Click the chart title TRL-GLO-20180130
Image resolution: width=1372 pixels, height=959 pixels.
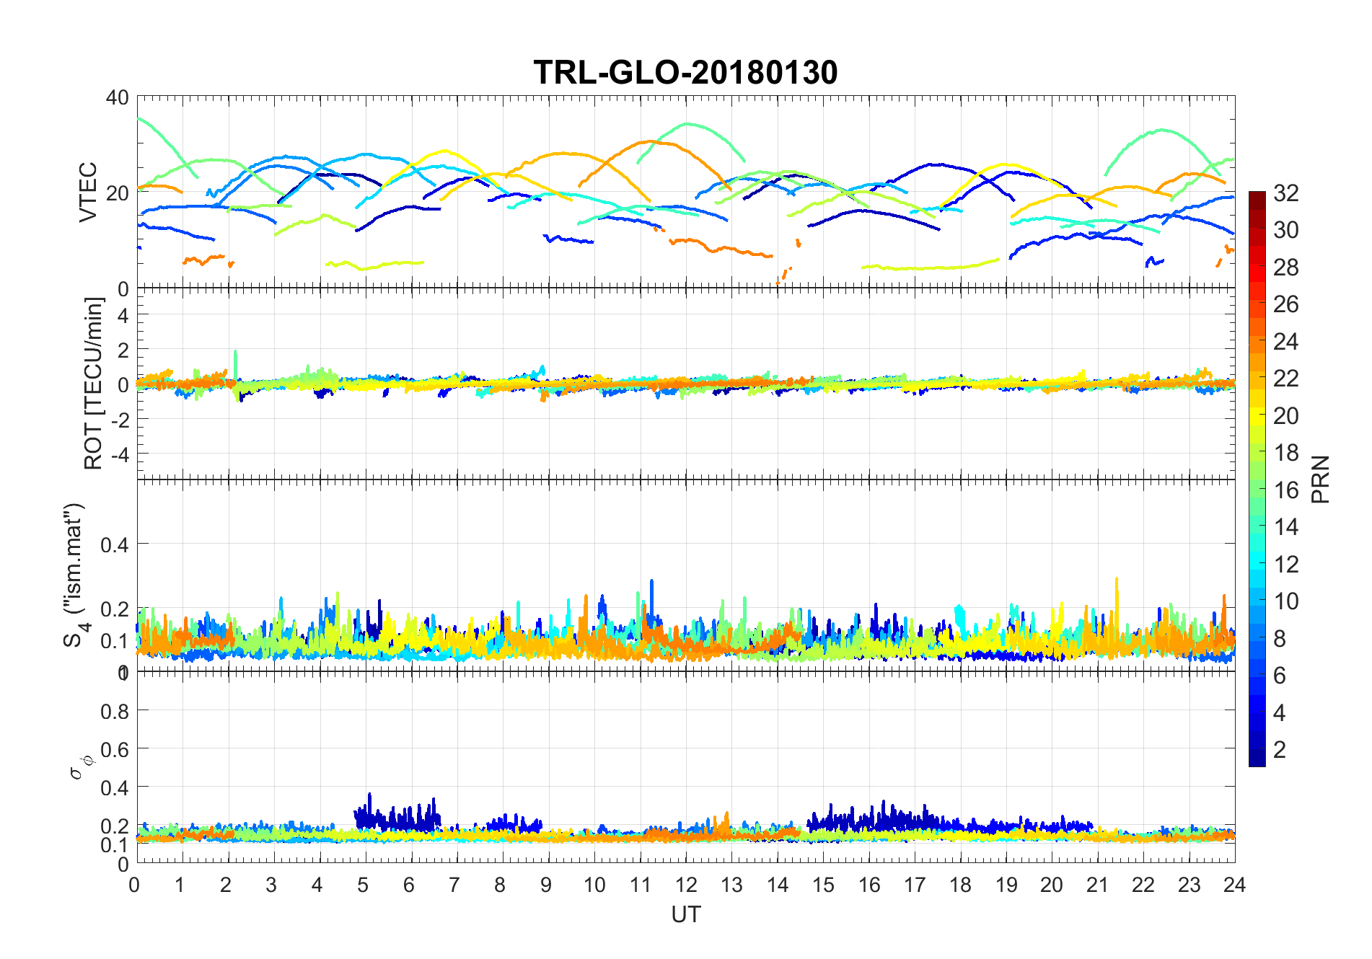(685, 72)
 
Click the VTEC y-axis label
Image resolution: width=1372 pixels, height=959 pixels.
(87, 192)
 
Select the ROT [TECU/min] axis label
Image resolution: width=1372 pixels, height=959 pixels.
(93, 383)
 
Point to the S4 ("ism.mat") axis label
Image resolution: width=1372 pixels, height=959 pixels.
(75, 575)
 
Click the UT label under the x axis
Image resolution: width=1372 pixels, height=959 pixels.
(685, 914)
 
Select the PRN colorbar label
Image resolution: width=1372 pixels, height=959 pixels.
(1320, 479)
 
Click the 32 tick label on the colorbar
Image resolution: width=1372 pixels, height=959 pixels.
(1285, 193)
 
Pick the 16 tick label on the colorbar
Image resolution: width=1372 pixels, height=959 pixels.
(1285, 490)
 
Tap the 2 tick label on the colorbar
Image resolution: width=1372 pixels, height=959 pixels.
(1280, 749)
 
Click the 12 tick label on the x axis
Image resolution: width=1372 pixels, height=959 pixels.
(686, 885)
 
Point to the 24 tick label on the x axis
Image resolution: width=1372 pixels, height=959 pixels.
(1234, 885)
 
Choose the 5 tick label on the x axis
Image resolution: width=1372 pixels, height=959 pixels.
(363, 885)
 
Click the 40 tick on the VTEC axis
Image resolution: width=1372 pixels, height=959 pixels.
(118, 97)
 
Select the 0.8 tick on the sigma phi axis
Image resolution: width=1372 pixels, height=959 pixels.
(115, 711)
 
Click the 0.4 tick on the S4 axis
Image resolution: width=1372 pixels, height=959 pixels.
(115, 544)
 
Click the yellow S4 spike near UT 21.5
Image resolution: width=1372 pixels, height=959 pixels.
(1117, 580)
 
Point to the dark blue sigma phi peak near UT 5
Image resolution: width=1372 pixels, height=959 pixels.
(369, 796)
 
